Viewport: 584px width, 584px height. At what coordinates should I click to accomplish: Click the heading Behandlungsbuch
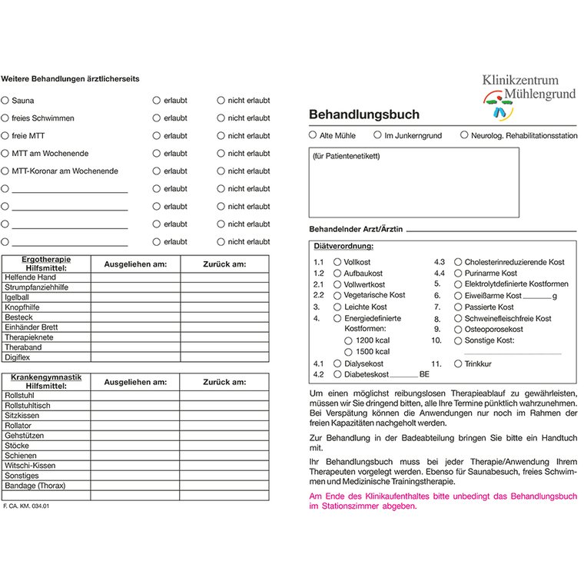(364, 114)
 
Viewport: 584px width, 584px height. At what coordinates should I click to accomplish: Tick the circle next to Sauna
(5, 100)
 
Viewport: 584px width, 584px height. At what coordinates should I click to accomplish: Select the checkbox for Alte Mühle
(313, 134)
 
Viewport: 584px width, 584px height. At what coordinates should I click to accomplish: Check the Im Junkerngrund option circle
(378, 134)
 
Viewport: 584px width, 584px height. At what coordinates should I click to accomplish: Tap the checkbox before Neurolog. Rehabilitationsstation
(464, 134)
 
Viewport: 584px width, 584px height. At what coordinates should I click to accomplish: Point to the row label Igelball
(17, 297)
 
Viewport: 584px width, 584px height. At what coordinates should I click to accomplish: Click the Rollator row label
(18, 426)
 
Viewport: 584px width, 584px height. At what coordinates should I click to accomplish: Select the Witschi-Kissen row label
(30, 466)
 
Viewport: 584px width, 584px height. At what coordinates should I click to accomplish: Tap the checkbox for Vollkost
(337, 262)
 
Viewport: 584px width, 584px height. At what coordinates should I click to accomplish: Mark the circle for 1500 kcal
(348, 351)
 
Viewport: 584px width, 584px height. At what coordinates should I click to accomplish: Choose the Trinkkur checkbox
(459, 363)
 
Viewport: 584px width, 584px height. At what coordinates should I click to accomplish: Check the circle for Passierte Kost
(459, 307)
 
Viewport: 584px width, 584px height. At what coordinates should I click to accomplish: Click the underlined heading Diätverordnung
(343, 246)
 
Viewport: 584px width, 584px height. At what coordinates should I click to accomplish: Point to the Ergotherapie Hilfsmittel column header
(46, 264)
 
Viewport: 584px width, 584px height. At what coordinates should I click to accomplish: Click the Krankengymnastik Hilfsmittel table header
(46, 381)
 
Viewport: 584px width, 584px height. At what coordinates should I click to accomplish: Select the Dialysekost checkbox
(337, 363)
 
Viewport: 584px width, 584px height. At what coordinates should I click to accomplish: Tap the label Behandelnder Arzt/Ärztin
(356, 229)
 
